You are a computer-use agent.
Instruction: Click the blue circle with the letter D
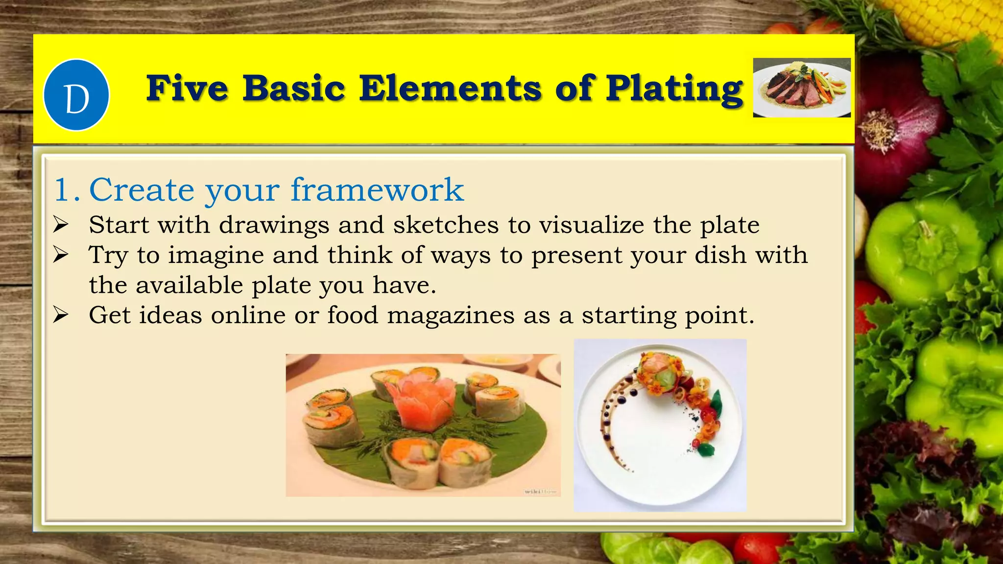click(76, 95)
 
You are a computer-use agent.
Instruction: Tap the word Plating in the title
click(674, 89)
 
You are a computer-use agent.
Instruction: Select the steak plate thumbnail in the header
click(802, 88)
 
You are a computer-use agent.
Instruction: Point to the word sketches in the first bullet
click(446, 225)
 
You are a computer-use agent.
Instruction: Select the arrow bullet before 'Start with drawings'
click(61, 225)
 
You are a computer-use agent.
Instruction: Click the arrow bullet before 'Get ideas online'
click(61, 315)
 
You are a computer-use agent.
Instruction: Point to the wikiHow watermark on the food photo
click(541, 491)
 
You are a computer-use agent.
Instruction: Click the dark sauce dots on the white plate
click(612, 406)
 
